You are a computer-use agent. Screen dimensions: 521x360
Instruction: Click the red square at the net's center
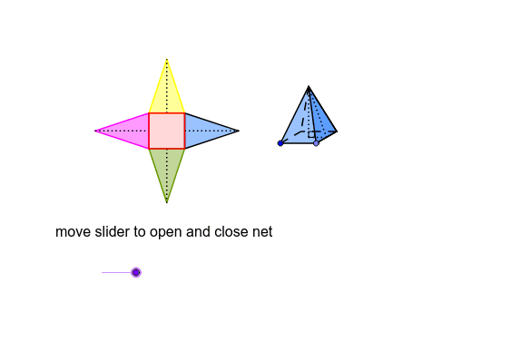click(167, 131)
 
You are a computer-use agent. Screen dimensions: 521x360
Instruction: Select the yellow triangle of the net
click(167, 94)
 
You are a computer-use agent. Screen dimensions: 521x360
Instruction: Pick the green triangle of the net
click(167, 168)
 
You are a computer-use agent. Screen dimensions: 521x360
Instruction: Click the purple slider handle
click(136, 272)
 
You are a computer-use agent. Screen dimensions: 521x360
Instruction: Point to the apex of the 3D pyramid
click(309, 87)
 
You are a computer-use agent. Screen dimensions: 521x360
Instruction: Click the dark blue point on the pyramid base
click(280, 143)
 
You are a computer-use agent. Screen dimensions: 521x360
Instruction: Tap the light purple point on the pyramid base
click(316, 143)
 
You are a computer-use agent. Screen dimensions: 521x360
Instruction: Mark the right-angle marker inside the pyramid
click(312, 134)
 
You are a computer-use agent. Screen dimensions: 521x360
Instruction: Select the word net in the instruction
click(261, 232)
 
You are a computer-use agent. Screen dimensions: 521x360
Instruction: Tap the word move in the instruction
click(73, 232)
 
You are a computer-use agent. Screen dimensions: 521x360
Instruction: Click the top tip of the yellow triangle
click(167, 60)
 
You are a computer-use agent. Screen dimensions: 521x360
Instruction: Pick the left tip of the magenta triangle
click(96, 131)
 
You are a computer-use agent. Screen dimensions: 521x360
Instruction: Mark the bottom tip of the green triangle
click(167, 201)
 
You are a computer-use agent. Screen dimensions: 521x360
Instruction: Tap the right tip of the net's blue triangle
click(238, 131)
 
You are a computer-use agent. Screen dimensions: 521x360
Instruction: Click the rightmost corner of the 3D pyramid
click(337, 131)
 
